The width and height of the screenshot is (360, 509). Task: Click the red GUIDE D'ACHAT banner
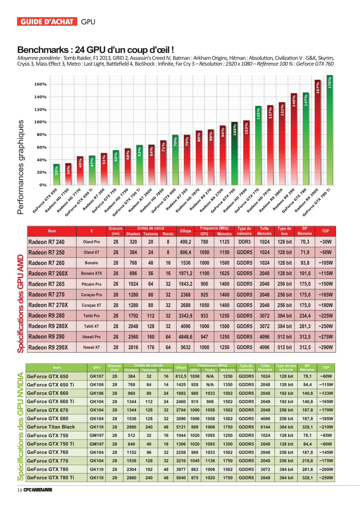point(47,22)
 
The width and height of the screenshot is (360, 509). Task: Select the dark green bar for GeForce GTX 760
point(234,153)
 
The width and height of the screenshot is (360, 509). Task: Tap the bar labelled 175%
point(329,130)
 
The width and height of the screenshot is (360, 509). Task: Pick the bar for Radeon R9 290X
point(318,132)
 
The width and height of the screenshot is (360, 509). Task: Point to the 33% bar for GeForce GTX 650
point(56,174)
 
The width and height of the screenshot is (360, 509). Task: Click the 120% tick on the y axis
point(41,109)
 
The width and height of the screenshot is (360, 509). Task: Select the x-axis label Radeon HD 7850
point(152,200)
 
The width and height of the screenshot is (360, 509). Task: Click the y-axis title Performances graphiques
point(20,167)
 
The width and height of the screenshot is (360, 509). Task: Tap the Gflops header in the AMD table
point(186,231)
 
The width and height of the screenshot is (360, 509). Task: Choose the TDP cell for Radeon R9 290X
point(326,347)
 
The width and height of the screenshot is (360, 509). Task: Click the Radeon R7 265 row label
point(46,284)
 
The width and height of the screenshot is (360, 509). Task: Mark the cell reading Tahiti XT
point(91,326)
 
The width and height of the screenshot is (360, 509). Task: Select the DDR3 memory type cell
point(244,242)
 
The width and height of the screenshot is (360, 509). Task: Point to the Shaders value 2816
point(133,347)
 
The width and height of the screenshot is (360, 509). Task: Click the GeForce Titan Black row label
point(51,427)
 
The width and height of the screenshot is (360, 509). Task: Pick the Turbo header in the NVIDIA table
point(210,370)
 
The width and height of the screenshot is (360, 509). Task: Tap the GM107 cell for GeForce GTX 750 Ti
point(96,444)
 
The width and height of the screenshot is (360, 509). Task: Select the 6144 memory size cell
point(265,427)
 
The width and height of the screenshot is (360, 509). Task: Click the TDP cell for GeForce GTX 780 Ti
point(326,478)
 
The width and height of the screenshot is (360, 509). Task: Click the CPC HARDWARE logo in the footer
point(38,490)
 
